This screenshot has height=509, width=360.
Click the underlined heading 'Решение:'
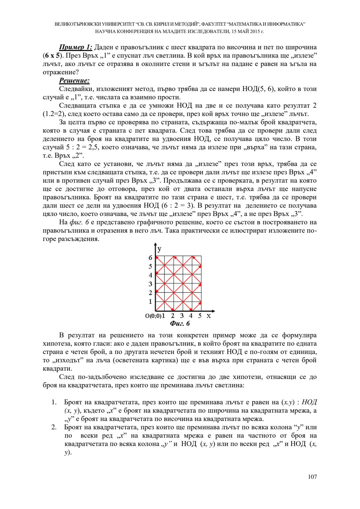(74, 81)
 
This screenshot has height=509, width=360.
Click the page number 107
(312, 477)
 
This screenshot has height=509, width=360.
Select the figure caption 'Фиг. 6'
(180, 324)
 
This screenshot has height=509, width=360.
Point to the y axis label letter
(160, 249)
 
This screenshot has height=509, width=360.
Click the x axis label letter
(209, 316)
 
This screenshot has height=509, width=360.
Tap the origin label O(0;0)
(153, 316)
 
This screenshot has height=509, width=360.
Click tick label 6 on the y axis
(150, 258)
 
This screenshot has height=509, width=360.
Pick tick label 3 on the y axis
(150, 284)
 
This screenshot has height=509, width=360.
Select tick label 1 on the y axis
(150, 302)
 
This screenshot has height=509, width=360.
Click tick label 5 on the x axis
(200, 316)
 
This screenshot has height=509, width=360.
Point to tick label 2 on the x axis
(173, 316)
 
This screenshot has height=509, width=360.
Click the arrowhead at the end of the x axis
(213, 311)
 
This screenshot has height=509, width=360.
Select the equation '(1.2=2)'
(54, 114)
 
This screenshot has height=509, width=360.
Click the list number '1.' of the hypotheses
(54, 402)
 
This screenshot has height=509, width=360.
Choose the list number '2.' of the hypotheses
(54, 427)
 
